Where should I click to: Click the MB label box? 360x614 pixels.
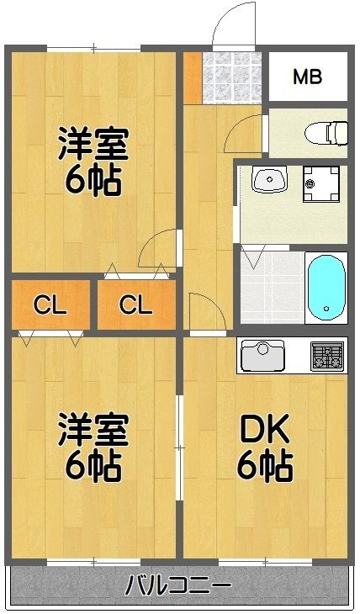pos(306,77)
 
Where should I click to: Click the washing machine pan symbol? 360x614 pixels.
pos(320,182)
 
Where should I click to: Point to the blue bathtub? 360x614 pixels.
pos(326,287)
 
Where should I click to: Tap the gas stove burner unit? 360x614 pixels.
pos(328,356)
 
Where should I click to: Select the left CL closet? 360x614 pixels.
pos(50,304)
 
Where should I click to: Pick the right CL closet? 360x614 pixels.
pos(135,304)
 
